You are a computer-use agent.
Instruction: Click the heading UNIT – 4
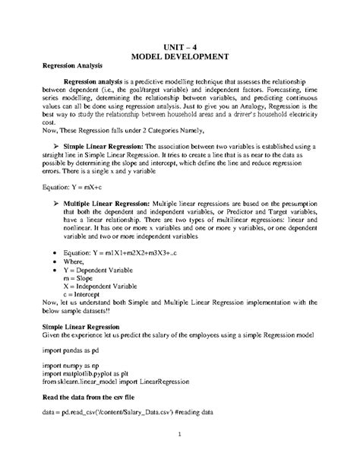(180, 46)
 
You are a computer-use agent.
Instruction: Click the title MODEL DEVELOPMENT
(180, 57)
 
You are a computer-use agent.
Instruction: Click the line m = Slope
(84, 279)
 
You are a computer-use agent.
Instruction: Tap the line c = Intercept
(87, 296)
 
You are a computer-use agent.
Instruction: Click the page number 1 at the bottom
(180, 436)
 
